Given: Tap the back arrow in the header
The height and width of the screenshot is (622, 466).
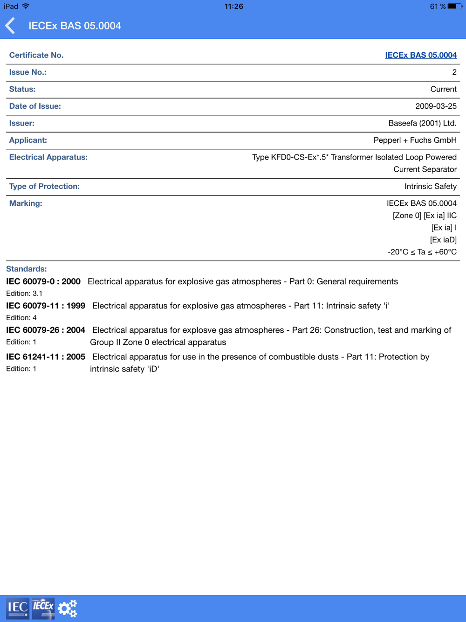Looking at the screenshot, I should pyautogui.click(x=10, y=26).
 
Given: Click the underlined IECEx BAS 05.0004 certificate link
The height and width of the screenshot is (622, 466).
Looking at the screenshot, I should pyautogui.click(x=420, y=55).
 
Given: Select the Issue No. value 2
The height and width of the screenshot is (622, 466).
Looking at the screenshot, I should pyautogui.click(x=454, y=72).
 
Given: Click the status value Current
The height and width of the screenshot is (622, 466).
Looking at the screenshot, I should pyautogui.click(x=443, y=89).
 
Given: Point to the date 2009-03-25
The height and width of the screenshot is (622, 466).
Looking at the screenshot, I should pyautogui.click(x=436, y=106).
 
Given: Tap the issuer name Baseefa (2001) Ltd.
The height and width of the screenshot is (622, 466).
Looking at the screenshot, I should pyautogui.click(x=422, y=123).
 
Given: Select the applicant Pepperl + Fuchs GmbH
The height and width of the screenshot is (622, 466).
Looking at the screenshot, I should pyautogui.click(x=415, y=140).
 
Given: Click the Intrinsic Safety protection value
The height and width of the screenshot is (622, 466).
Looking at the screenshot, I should pyautogui.click(x=430, y=187).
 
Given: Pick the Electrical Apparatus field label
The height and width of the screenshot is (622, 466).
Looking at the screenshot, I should pyautogui.click(x=48, y=157).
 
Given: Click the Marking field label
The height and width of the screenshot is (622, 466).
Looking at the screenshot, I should pyautogui.click(x=26, y=203).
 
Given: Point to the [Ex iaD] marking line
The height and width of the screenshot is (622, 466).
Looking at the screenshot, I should pyautogui.click(x=443, y=240).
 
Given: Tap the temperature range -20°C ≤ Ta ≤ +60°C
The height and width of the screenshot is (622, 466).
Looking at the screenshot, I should pyautogui.click(x=422, y=252).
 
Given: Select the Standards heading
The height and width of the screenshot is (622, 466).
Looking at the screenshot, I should pyautogui.click(x=26, y=269).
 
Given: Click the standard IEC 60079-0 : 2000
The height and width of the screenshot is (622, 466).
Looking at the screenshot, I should pyautogui.click(x=43, y=281).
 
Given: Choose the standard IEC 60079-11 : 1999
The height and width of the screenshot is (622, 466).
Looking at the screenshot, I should pyautogui.click(x=46, y=306).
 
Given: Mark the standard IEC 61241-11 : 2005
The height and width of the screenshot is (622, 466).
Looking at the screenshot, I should pyautogui.click(x=46, y=356).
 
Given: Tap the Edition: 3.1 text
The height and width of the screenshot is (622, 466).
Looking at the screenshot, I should pyautogui.click(x=24, y=294).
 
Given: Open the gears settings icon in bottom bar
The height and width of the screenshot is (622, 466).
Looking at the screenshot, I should pyautogui.click(x=68, y=608).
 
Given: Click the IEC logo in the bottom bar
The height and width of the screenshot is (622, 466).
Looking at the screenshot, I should pyautogui.click(x=18, y=608).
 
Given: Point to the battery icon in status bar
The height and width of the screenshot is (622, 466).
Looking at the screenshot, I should pyautogui.click(x=455, y=7).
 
